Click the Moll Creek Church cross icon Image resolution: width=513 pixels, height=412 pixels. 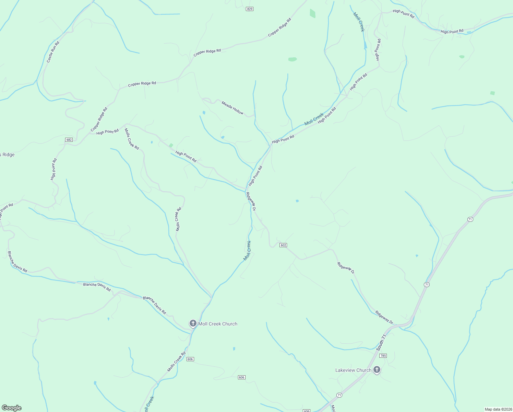[x=193, y=323]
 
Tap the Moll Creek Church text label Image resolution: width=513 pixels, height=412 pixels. [x=218, y=324]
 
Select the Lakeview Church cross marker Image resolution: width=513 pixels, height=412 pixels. [x=377, y=370]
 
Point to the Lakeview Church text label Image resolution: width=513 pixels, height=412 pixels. [x=353, y=370]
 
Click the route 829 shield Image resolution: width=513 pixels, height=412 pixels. [x=250, y=9]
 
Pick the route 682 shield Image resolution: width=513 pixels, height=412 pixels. [x=69, y=140]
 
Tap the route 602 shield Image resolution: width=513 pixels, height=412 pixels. [x=283, y=245]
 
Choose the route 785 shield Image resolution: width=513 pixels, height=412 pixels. [x=383, y=356]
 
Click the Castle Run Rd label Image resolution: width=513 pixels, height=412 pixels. [x=53, y=52]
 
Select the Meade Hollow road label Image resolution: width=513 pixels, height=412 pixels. [x=232, y=108]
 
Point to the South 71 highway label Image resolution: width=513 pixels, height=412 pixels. [x=381, y=342]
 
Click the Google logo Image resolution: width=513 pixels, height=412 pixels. [x=11, y=408]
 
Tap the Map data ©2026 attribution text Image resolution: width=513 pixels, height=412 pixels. [x=498, y=409]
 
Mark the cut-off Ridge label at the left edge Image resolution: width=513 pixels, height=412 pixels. [x=7, y=155]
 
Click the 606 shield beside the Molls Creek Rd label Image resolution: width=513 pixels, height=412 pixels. [x=190, y=359]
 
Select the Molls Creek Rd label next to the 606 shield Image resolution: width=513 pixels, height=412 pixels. [x=176, y=362]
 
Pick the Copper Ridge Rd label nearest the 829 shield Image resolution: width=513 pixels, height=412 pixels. [x=279, y=27]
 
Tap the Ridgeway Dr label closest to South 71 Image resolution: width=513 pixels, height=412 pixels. [x=384, y=318]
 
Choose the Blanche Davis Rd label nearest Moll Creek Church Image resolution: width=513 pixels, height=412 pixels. [x=154, y=305]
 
